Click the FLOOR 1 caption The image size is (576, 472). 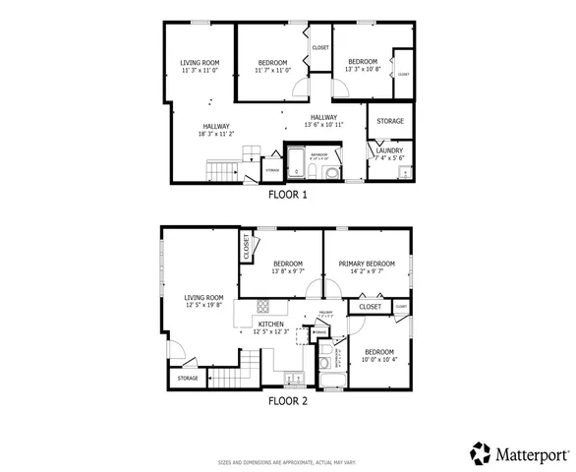click(x=288, y=195)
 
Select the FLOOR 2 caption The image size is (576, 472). click(x=288, y=400)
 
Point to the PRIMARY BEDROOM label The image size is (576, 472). click(x=367, y=264)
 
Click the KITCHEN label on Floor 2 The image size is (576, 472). click(x=270, y=324)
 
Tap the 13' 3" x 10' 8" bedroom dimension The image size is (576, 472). click(x=361, y=70)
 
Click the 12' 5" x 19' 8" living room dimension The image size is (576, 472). click(x=203, y=305)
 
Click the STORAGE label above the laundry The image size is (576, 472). click(x=389, y=122)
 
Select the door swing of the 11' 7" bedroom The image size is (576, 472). click(x=300, y=91)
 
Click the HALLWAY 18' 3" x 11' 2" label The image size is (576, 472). click(x=216, y=131)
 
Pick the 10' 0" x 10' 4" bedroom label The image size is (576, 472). click(x=378, y=355)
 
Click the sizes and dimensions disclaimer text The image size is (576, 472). click(x=287, y=461)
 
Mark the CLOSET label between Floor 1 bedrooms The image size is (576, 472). click(x=320, y=47)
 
